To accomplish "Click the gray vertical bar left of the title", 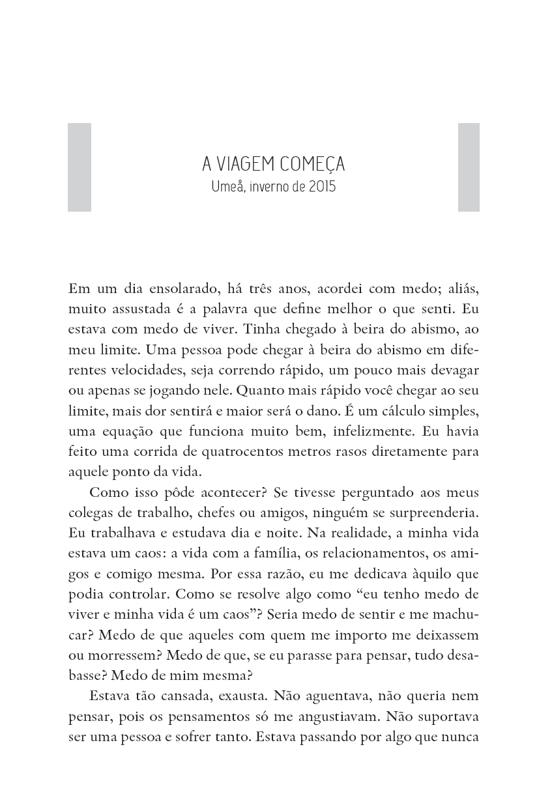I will tap(80, 167).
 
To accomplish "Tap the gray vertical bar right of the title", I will tap(469, 167).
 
